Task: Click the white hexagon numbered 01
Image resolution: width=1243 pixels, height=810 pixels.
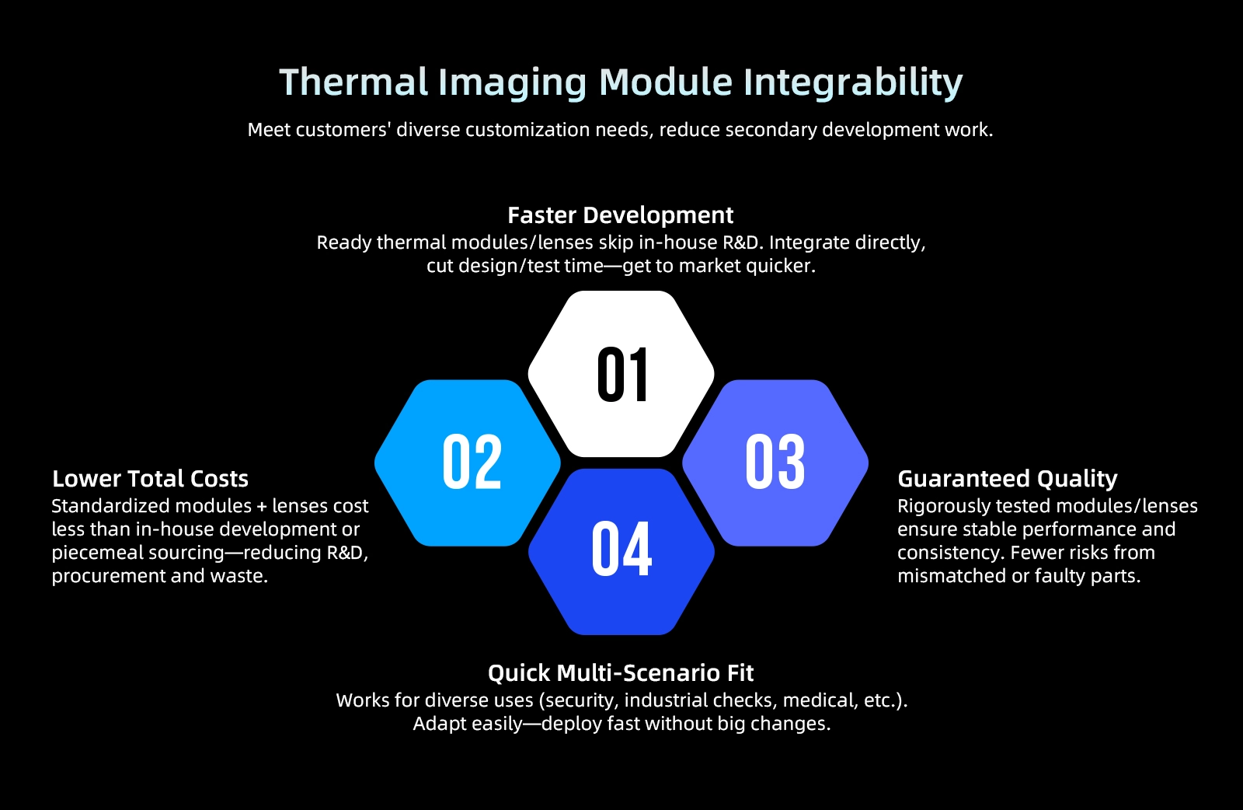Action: pyautogui.click(x=621, y=374)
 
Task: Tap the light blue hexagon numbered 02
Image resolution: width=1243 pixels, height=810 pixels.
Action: pyautogui.click(x=468, y=463)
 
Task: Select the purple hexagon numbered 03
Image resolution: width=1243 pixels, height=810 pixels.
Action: pyautogui.click(x=775, y=463)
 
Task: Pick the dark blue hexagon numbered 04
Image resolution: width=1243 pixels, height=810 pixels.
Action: pyautogui.click(x=621, y=552)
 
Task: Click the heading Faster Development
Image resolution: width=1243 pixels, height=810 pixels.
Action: pyautogui.click(x=621, y=215)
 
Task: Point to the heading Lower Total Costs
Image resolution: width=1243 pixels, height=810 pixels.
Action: pyautogui.click(x=151, y=479)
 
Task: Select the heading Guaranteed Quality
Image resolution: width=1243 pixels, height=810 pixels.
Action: pyautogui.click(x=1008, y=479)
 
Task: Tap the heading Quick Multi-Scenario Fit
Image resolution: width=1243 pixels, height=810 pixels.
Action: pyautogui.click(x=621, y=673)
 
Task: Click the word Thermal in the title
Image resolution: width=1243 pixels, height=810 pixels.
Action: pyautogui.click(x=353, y=82)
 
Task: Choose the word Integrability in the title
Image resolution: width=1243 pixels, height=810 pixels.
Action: pyautogui.click(x=853, y=83)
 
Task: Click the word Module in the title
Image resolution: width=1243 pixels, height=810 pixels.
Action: pyautogui.click(x=666, y=82)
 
